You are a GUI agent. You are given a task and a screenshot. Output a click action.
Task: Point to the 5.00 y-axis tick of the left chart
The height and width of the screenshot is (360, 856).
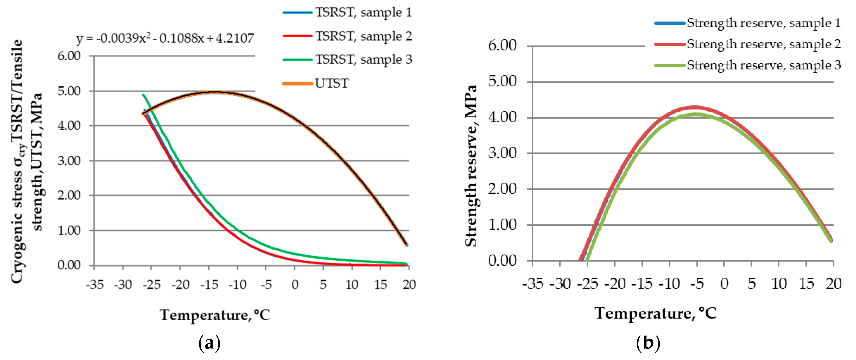69,91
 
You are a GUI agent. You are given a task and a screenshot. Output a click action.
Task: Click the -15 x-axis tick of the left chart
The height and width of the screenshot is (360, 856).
209,285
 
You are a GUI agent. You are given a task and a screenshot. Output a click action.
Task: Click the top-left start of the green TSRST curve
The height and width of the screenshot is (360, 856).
143,95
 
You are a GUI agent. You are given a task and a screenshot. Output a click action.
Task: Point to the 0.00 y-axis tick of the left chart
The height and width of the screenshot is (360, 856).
69,265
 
